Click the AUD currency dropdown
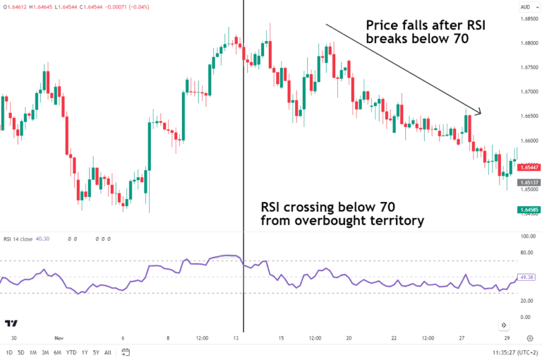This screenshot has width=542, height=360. [526, 7]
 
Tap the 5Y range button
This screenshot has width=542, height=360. [95, 352]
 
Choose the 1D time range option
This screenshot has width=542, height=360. [9, 352]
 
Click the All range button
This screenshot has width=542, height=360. [107, 352]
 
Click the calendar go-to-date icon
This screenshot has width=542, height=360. [125, 352]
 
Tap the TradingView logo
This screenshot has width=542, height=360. [11, 323]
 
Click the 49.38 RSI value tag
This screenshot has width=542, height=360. [527, 277]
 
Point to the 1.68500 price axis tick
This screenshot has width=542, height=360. [527, 19]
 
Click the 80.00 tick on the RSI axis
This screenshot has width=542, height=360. [527, 253]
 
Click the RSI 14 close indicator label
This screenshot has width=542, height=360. [18, 239]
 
